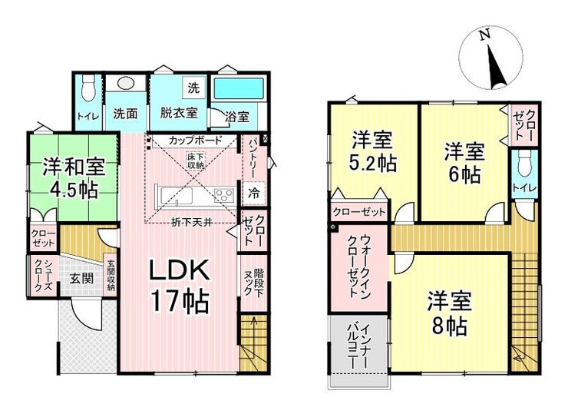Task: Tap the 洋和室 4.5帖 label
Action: pos(74,177)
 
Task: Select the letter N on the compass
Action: pos(484,35)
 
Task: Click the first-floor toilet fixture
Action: pos(88,88)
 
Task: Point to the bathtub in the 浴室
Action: pos(239,89)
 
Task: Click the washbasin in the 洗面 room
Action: pos(125,84)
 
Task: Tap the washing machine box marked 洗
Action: pos(193,88)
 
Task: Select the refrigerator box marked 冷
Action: pos(254,193)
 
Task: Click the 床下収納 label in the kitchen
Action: pos(196,160)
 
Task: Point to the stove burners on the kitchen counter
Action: pos(224,196)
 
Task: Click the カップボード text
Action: pos(195,141)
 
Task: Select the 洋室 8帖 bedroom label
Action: pos(449,313)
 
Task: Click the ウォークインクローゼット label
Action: pos(359,266)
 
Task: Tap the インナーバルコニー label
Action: pos(359,347)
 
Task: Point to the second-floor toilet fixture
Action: pos(523,164)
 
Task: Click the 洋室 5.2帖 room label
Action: pos(372,152)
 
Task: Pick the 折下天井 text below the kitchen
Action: pos(192,223)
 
